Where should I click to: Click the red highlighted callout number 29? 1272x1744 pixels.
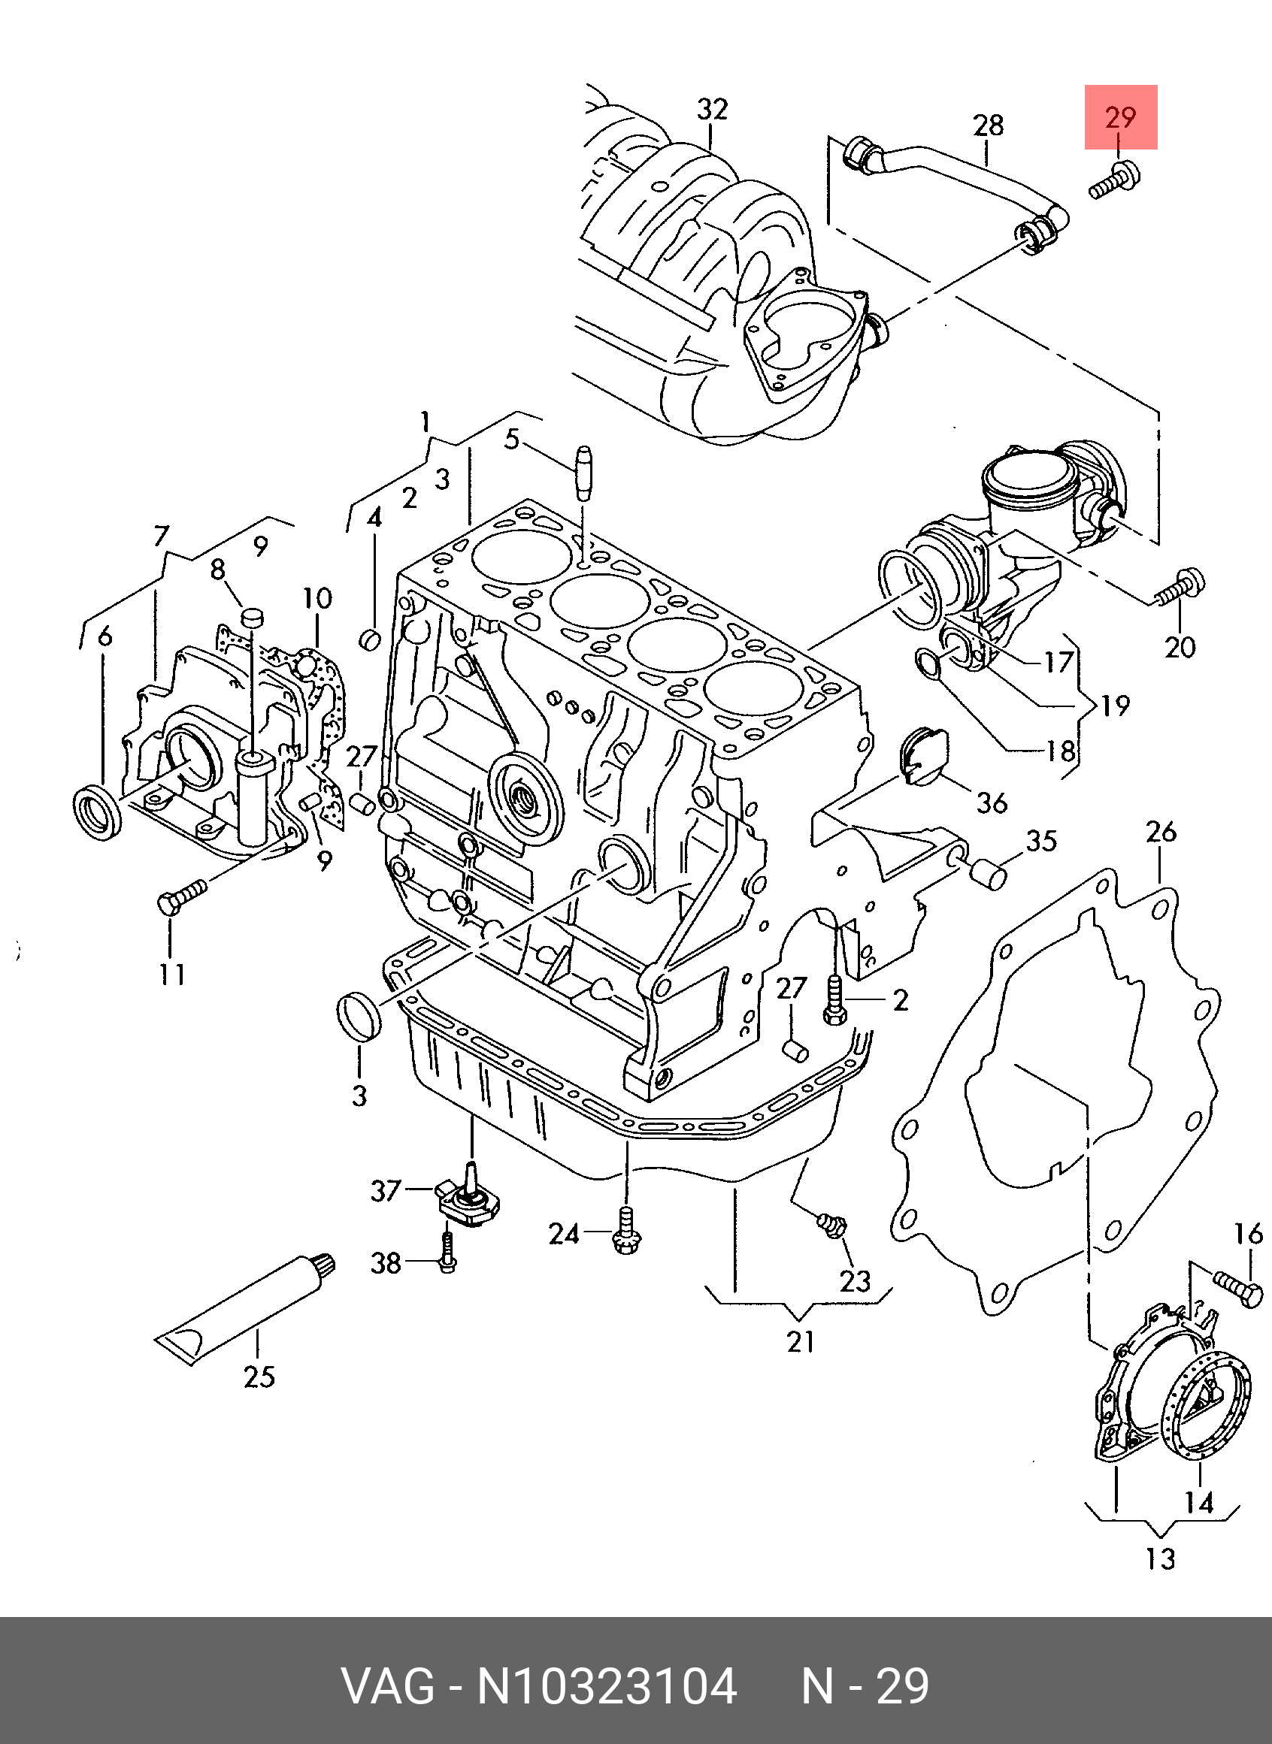(x=1120, y=117)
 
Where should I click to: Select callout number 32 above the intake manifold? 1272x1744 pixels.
(x=712, y=109)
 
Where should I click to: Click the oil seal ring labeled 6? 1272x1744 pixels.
(x=97, y=812)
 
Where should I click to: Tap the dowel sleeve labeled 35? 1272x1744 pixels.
(x=988, y=875)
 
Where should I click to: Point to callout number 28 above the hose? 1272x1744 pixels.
(x=989, y=125)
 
